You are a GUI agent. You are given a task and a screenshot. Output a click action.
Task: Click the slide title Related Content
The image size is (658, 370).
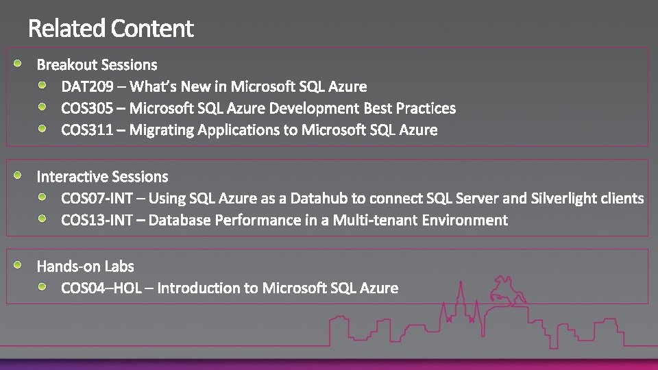[x=111, y=29]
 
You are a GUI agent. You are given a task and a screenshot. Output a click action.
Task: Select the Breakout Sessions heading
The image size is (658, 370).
[x=97, y=65]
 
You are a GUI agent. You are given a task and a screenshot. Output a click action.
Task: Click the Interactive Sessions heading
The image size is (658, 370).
[x=102, y=177]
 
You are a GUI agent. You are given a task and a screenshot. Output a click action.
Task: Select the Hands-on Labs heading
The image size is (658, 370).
[x=85, y=267]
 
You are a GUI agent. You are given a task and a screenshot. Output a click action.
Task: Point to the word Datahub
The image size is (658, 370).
[x=319, y=199]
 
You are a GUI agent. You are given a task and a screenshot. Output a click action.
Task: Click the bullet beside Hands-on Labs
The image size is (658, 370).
[x=21, y=264]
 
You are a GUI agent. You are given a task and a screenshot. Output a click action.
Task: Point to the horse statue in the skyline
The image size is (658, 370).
[x=507, y=292]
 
